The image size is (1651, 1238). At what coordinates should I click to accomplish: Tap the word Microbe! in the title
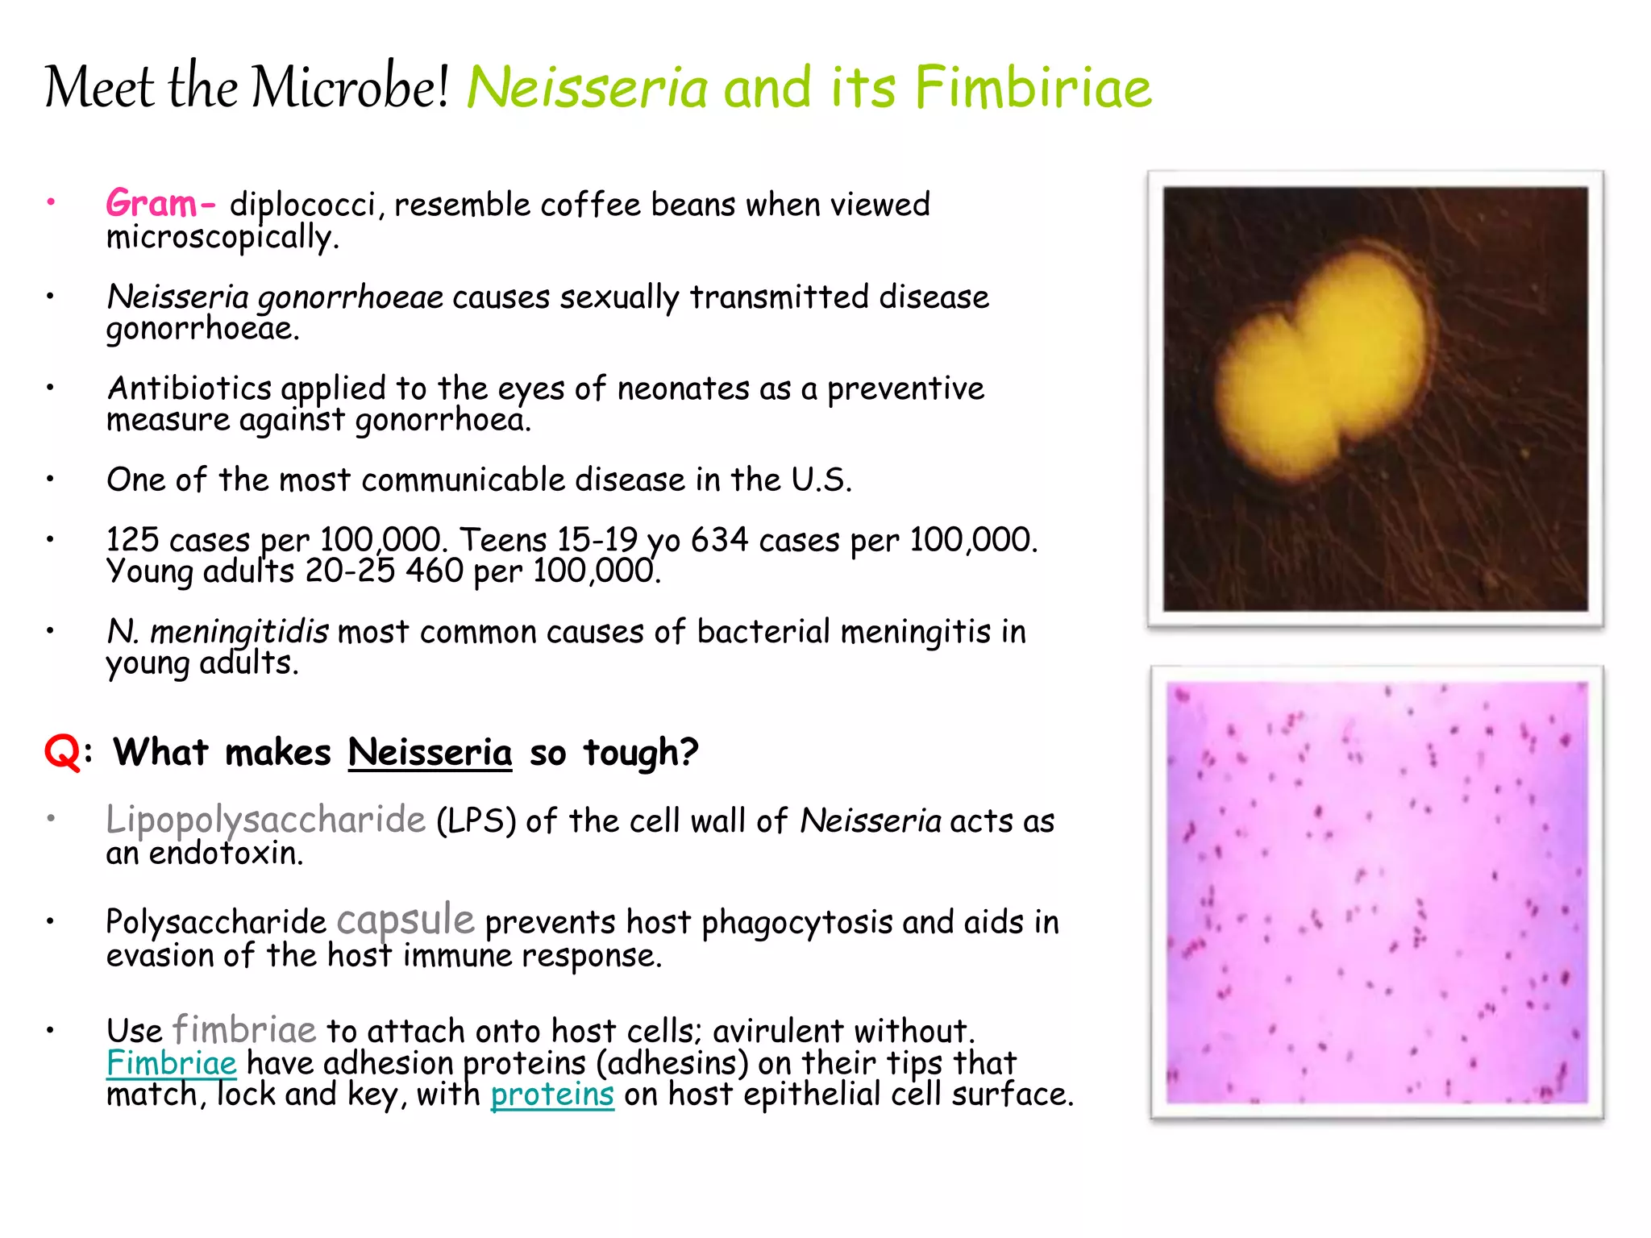[x=349, y=87]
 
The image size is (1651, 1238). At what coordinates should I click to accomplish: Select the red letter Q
[x=62, y=753]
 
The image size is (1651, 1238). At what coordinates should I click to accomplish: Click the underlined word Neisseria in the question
[x=430, y=753]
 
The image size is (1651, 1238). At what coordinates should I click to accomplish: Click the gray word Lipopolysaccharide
[x=265, y=820]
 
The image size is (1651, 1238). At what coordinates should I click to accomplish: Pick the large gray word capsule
[x=405, y=920]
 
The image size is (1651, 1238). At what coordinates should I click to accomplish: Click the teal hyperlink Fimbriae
[x=171, y=1062]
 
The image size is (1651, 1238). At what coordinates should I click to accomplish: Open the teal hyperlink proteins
[x=551, y=1095]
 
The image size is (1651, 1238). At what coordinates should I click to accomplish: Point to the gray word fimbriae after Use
[x=243, y=1030]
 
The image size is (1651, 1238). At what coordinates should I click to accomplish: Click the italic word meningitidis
[x=239, y=632]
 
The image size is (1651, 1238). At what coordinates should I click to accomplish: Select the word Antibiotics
[x=189, y=388]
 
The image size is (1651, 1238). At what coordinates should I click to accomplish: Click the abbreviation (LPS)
[x=476, y=821]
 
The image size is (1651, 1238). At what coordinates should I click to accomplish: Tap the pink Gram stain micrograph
[x=1376, y=892]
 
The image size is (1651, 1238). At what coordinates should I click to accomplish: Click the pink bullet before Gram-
[x=50, y=201]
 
